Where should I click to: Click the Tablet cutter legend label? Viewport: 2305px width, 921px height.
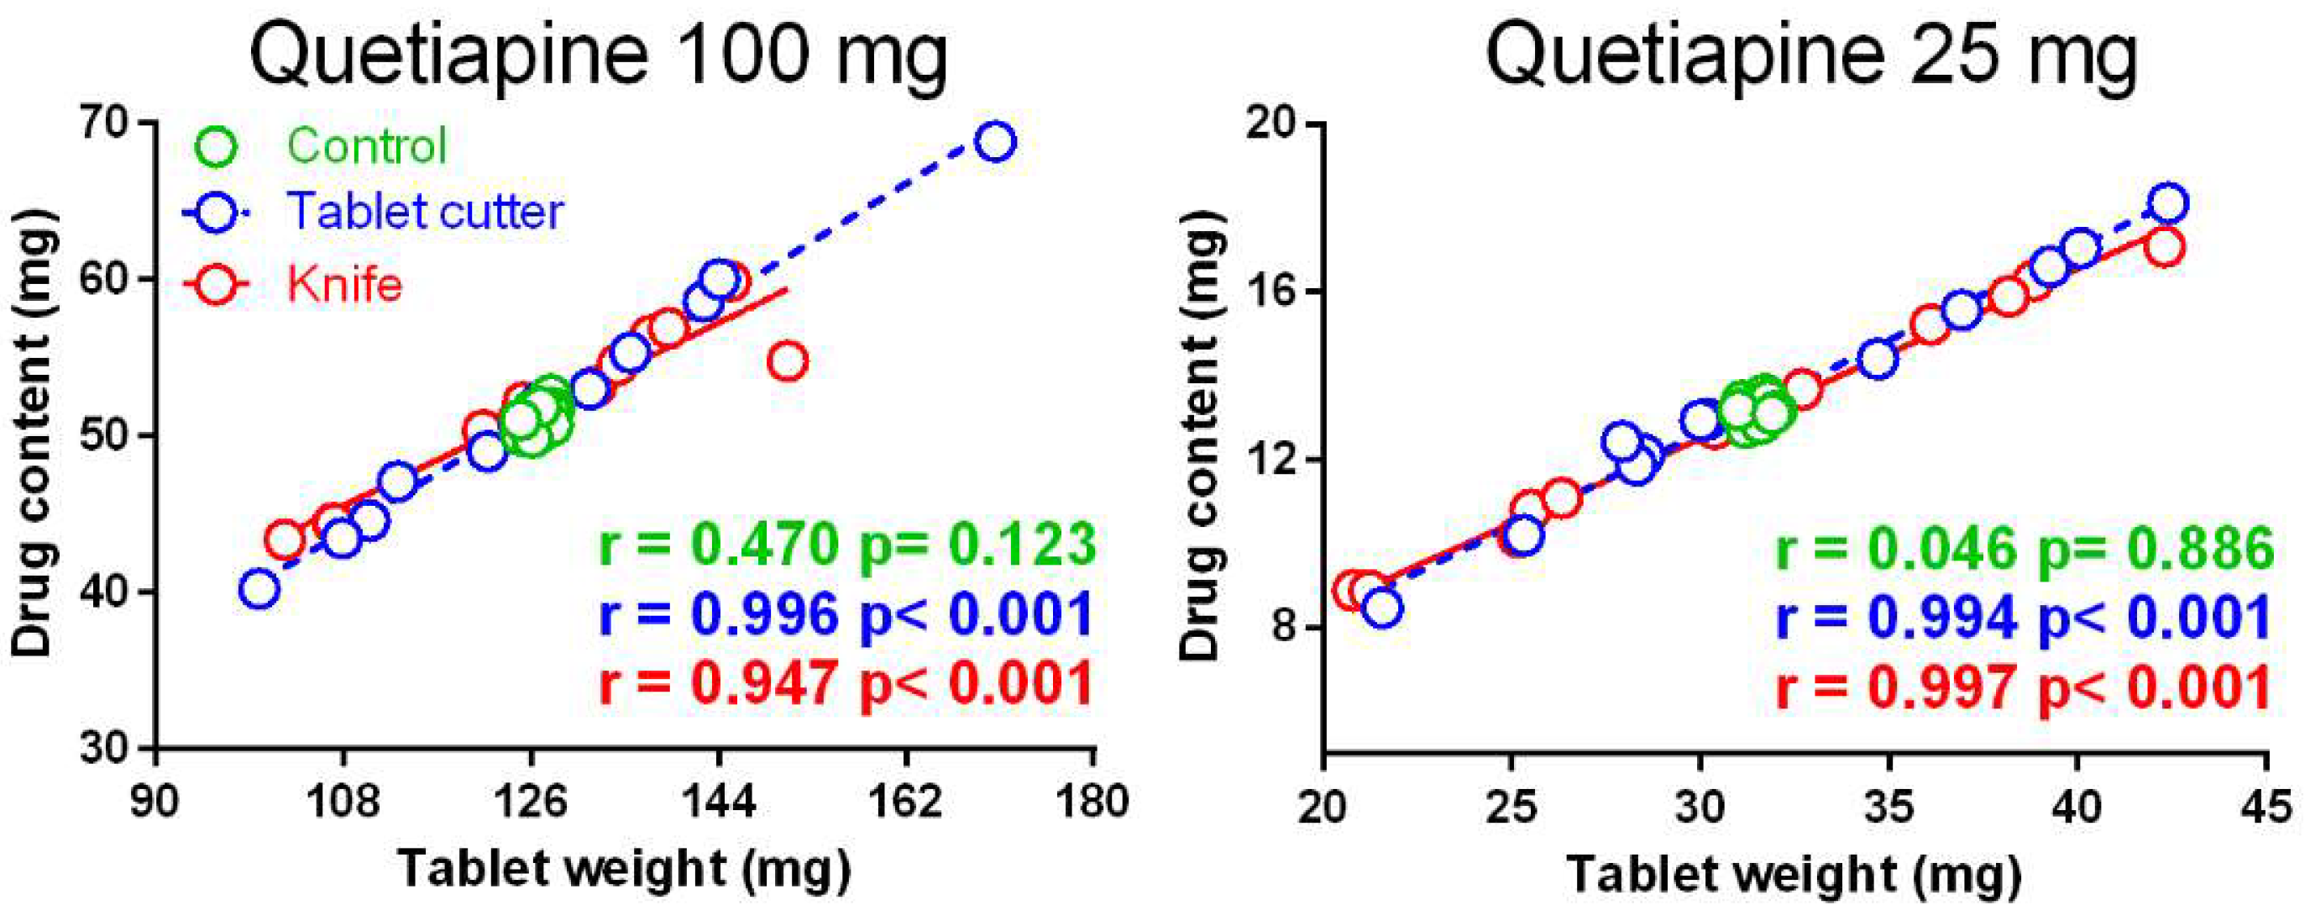[x=424, y=212]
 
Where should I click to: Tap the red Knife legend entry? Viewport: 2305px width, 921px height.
[x=343, y=285]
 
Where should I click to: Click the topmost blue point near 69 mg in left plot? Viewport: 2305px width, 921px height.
[x=995, y=141]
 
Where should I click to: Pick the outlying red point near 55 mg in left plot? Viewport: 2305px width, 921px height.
[x=788, y=361]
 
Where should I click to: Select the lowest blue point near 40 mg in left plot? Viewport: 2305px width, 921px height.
[x=259, y=589]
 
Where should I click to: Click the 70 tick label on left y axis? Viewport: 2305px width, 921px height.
[x=106, y=123]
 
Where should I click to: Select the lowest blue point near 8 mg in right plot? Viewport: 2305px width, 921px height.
[x=1382, y=608]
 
